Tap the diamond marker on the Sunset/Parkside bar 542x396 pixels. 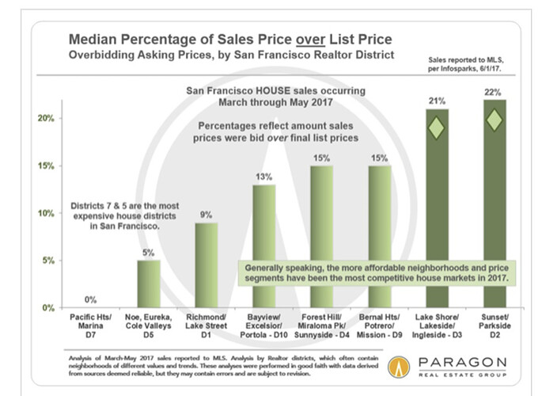click(495, 120)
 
